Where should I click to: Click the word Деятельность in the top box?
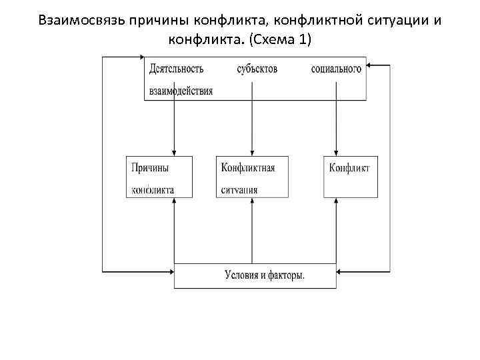[x=177, y=69]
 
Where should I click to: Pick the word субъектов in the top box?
[x=257, y=69]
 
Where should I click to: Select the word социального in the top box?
[x=336, y=69]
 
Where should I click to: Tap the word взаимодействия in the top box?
[x=181, y=91]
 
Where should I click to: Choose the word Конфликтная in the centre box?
[x=248, y=167]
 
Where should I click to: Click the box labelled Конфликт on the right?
[x=349, y=176]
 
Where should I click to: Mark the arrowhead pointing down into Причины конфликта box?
[x=173, y=153]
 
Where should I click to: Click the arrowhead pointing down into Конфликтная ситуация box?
[x=251, y=153]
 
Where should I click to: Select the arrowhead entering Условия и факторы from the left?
[x=170, y=271]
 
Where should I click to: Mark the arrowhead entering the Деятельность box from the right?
[x=371, y=66]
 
